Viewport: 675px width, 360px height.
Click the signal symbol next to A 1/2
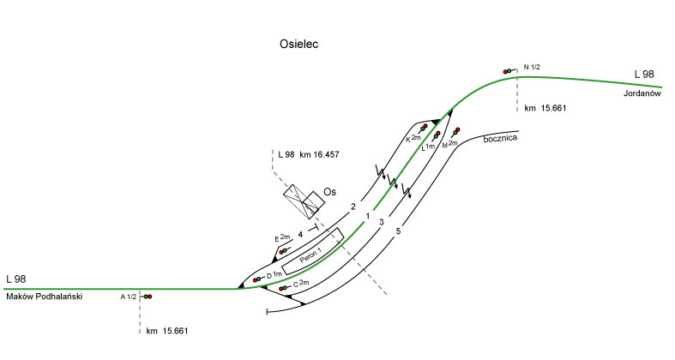pos(147,297)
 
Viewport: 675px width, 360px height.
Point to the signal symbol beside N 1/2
pos(510,72)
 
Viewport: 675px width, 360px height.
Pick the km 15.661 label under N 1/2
pos(546,109)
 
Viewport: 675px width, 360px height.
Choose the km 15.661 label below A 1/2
pos(166,331)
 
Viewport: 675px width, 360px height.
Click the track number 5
pos(398,231)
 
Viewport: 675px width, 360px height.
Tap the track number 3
pos(381,222)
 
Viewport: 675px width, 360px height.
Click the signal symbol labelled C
pos(284,288)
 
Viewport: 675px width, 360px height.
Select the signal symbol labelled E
pos(282,251)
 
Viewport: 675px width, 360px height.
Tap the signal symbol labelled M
pos(455,131)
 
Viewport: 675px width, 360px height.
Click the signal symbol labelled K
pos(423,128)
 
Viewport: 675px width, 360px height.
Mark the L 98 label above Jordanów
pos(644,75)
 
